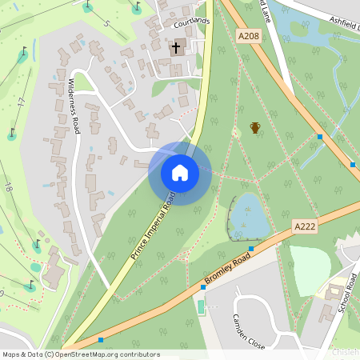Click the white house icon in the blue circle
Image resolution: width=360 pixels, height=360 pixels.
(x=180, y=173)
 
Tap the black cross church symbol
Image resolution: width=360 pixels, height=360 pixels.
(x=176, y=47)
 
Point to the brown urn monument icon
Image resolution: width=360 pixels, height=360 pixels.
(x=255, y=127)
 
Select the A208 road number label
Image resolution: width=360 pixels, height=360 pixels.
(x=248, y=35)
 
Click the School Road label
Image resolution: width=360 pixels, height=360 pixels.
(x=346, y=294)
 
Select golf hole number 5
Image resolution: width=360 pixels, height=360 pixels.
(x=106, y=23)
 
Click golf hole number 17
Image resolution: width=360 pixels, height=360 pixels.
(x=21, y=102)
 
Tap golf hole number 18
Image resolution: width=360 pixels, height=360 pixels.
(x=8, y=187)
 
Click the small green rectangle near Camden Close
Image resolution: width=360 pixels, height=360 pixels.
(x=200, y=306)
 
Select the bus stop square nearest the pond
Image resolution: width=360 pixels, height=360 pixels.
(x=251, y=249)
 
